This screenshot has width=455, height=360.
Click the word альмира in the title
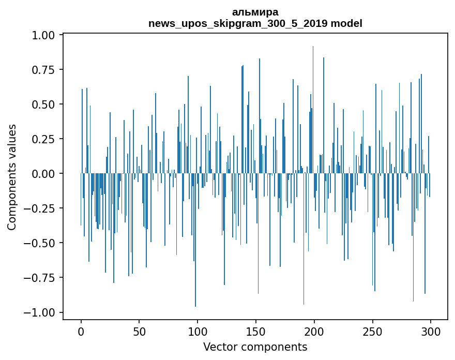click(255, 12)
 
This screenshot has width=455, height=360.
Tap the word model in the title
click(346, 23)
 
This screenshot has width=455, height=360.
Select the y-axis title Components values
click(12, 176)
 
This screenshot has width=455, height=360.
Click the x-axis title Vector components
click(255, 347)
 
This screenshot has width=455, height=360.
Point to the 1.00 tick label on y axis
click(45, 35)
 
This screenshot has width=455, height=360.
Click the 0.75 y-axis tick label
click(45, 70)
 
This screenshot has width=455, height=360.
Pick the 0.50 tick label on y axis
click(45, 104)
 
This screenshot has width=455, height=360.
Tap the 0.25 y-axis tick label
click(45, 139)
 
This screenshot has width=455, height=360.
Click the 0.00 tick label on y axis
click(45, 174)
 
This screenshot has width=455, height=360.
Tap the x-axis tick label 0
click(81, 333)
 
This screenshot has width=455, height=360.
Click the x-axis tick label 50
click(139, 333)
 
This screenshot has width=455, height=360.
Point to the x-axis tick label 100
click(198, 333)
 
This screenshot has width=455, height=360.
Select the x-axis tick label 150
click(256, 333)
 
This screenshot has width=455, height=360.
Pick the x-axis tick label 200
click(314, 333)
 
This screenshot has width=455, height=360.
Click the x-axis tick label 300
click(430, 333)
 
